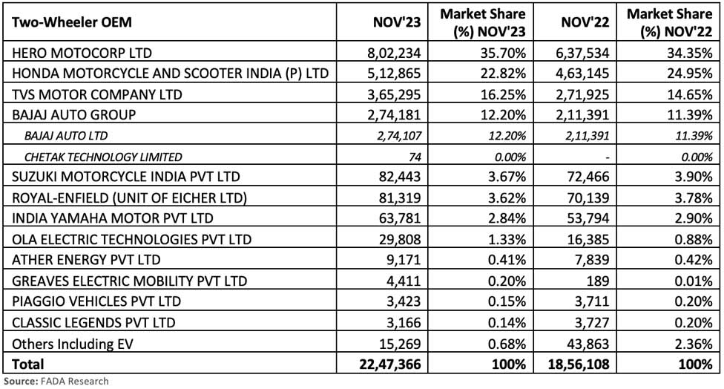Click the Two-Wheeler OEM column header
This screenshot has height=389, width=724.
point(71,22)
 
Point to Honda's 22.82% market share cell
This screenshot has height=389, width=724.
point(501,73)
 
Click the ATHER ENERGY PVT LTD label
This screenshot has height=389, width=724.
point(83,261)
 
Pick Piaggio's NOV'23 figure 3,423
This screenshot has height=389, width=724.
point(404,301)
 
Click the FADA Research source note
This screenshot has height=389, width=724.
point(56,381)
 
